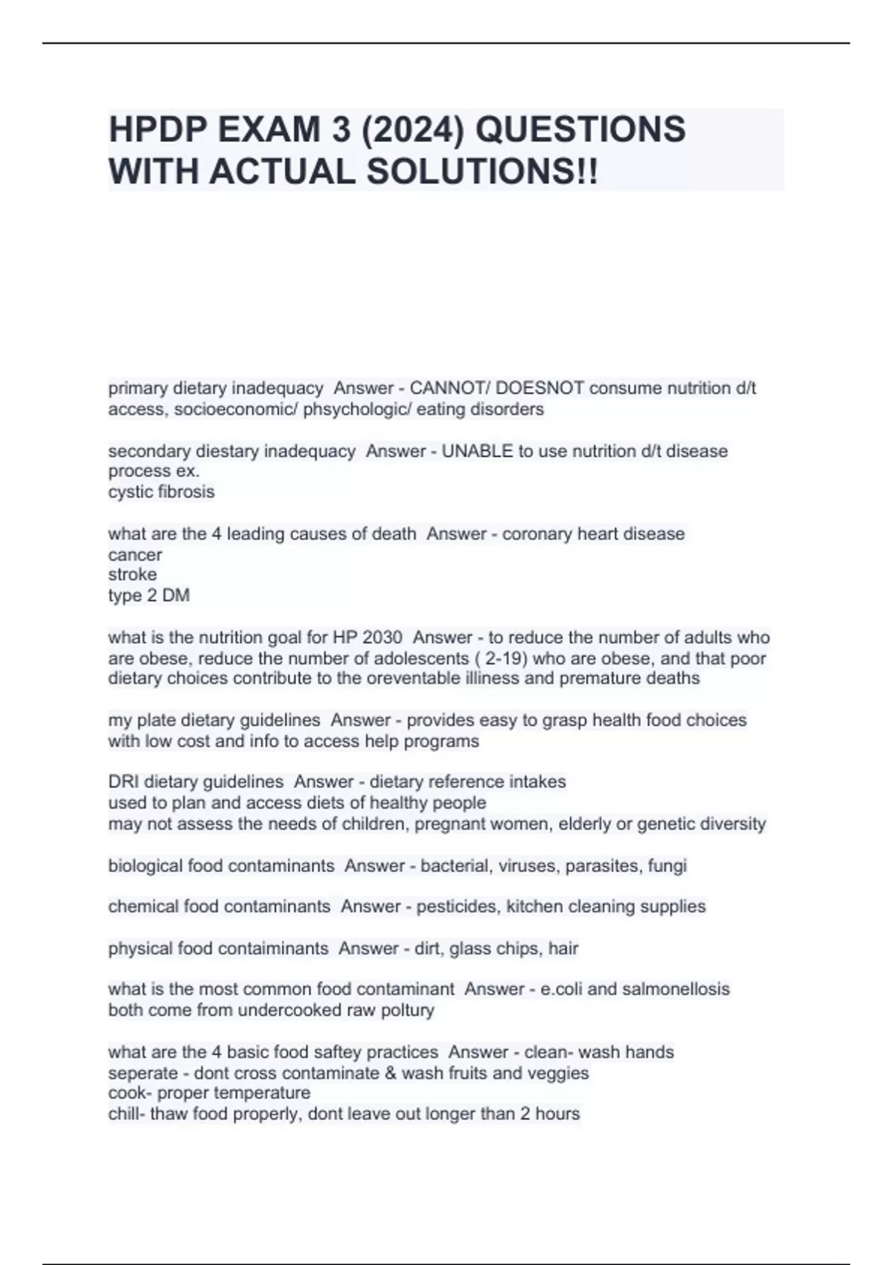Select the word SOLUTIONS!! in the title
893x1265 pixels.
[x=482, y=172]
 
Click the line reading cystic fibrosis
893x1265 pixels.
[x=161, y=492]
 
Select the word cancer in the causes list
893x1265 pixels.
[x=135, y=555]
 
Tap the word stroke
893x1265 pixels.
[x=132, y=574]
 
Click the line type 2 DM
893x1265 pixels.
[x=149, y=595]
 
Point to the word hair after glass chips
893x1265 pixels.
[x=563, y=949]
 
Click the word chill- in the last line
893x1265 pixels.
[x=127, y=1114]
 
